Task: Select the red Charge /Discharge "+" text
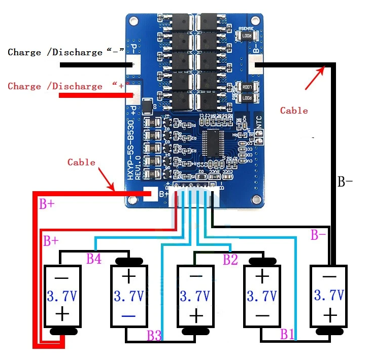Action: coord(66,86)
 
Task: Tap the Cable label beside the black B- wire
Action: coord(294,110)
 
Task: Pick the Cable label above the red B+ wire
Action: coord(81,162)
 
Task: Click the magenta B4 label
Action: coord(93,259)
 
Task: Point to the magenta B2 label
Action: coord(230,260)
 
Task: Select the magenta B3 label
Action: coord(154,335)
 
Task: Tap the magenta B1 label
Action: coord(287,334)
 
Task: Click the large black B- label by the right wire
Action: coord(345,183)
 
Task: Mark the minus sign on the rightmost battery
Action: coord(329,277)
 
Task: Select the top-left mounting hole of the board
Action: coord(133,22)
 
